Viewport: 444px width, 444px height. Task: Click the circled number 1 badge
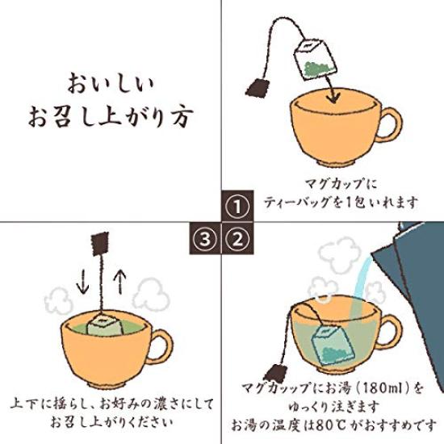(x=237, y=206)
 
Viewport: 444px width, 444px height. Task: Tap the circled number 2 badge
(x=238, y=238)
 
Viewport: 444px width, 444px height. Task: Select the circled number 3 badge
(x=205, y=238)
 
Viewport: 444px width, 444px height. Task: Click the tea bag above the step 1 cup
(x=315, y=59)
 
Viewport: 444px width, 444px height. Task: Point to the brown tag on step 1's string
(x=257, y=88)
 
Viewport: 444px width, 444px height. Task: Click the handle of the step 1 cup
(x=389, y=124)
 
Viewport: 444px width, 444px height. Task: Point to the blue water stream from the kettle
(x=358, y=286)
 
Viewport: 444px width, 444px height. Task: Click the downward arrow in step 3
(x=83, y=281)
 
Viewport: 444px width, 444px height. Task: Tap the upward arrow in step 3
(x=119, y=281)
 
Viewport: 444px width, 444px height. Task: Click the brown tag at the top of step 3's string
(x=100, y=244)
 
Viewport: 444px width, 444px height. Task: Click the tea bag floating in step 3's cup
(x=104, y=325)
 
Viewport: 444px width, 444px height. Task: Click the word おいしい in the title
(x=111, y=83)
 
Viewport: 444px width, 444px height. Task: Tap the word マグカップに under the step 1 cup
(x=341, y=184)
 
